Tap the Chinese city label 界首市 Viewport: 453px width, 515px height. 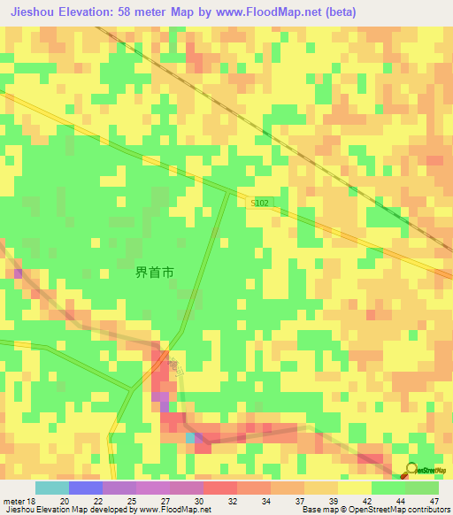point(154,273)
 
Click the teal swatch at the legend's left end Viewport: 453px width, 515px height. point(51,488)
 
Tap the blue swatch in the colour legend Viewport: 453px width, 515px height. point(85,488)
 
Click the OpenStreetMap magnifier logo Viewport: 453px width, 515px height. point(411,469)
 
